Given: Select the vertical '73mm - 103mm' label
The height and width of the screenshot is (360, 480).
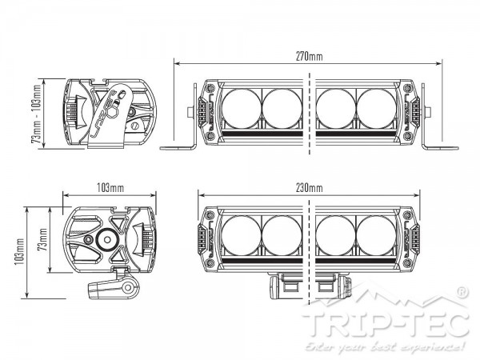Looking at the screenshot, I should (x=35, y=112).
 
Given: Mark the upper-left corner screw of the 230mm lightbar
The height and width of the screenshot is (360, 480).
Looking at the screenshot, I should (x=210, y=213).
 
